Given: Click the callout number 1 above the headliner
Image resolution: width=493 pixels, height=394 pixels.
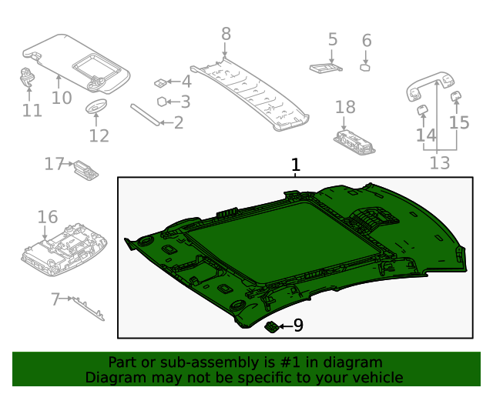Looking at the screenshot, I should [295, 165].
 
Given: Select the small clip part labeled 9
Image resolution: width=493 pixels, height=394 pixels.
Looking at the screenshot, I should [272, 327].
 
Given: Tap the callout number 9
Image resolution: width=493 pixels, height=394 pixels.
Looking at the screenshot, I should [298, 326].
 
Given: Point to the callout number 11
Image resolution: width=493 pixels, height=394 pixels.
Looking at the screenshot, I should [32, 110].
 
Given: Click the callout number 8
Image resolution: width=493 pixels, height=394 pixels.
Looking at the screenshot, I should [226, 33].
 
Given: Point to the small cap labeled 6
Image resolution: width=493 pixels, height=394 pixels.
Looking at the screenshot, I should [366, 67].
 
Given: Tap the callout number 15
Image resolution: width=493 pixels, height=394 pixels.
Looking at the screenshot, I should [459, 122].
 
